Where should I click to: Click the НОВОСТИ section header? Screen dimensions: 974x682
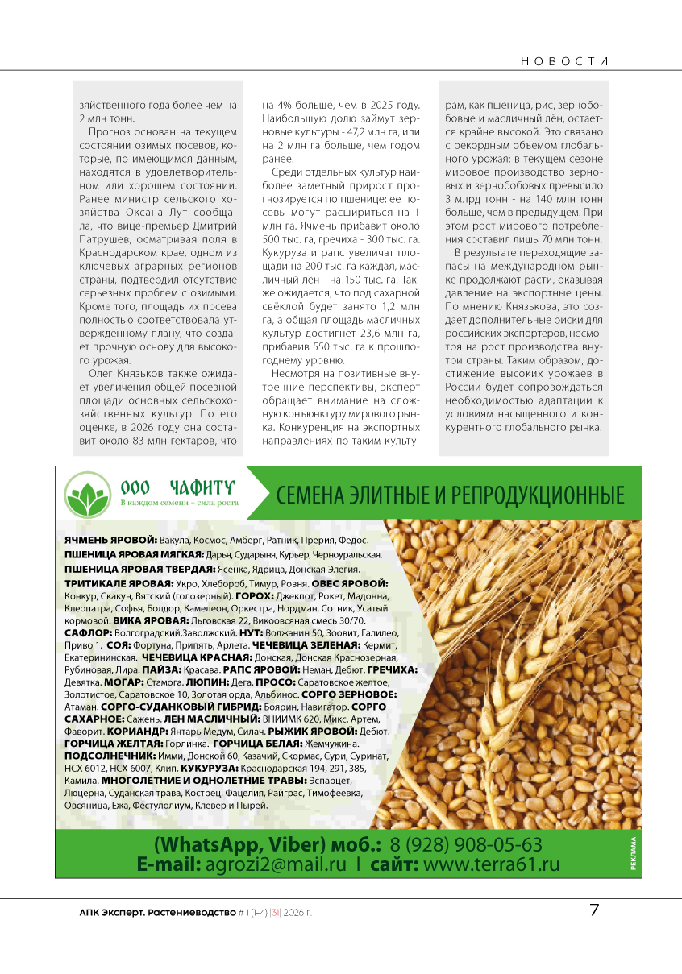[x=564, y=61]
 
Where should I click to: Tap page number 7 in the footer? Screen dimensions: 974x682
[x=594, y=911]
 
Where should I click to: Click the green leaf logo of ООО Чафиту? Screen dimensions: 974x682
[x=88, y=495]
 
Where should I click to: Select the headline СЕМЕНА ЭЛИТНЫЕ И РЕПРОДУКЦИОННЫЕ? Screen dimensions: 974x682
[x=451, y=495]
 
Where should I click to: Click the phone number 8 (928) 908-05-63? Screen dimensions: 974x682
[x=466, y=845]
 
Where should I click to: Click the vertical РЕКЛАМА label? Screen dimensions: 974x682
[x=632, y=854]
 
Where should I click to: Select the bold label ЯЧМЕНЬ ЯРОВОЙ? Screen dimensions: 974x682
[x=110, y=540]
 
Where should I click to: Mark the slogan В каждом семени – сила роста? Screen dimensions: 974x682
[x=179, y=503]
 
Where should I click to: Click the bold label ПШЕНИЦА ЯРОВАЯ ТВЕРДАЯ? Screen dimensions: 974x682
[x=139, y=569]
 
